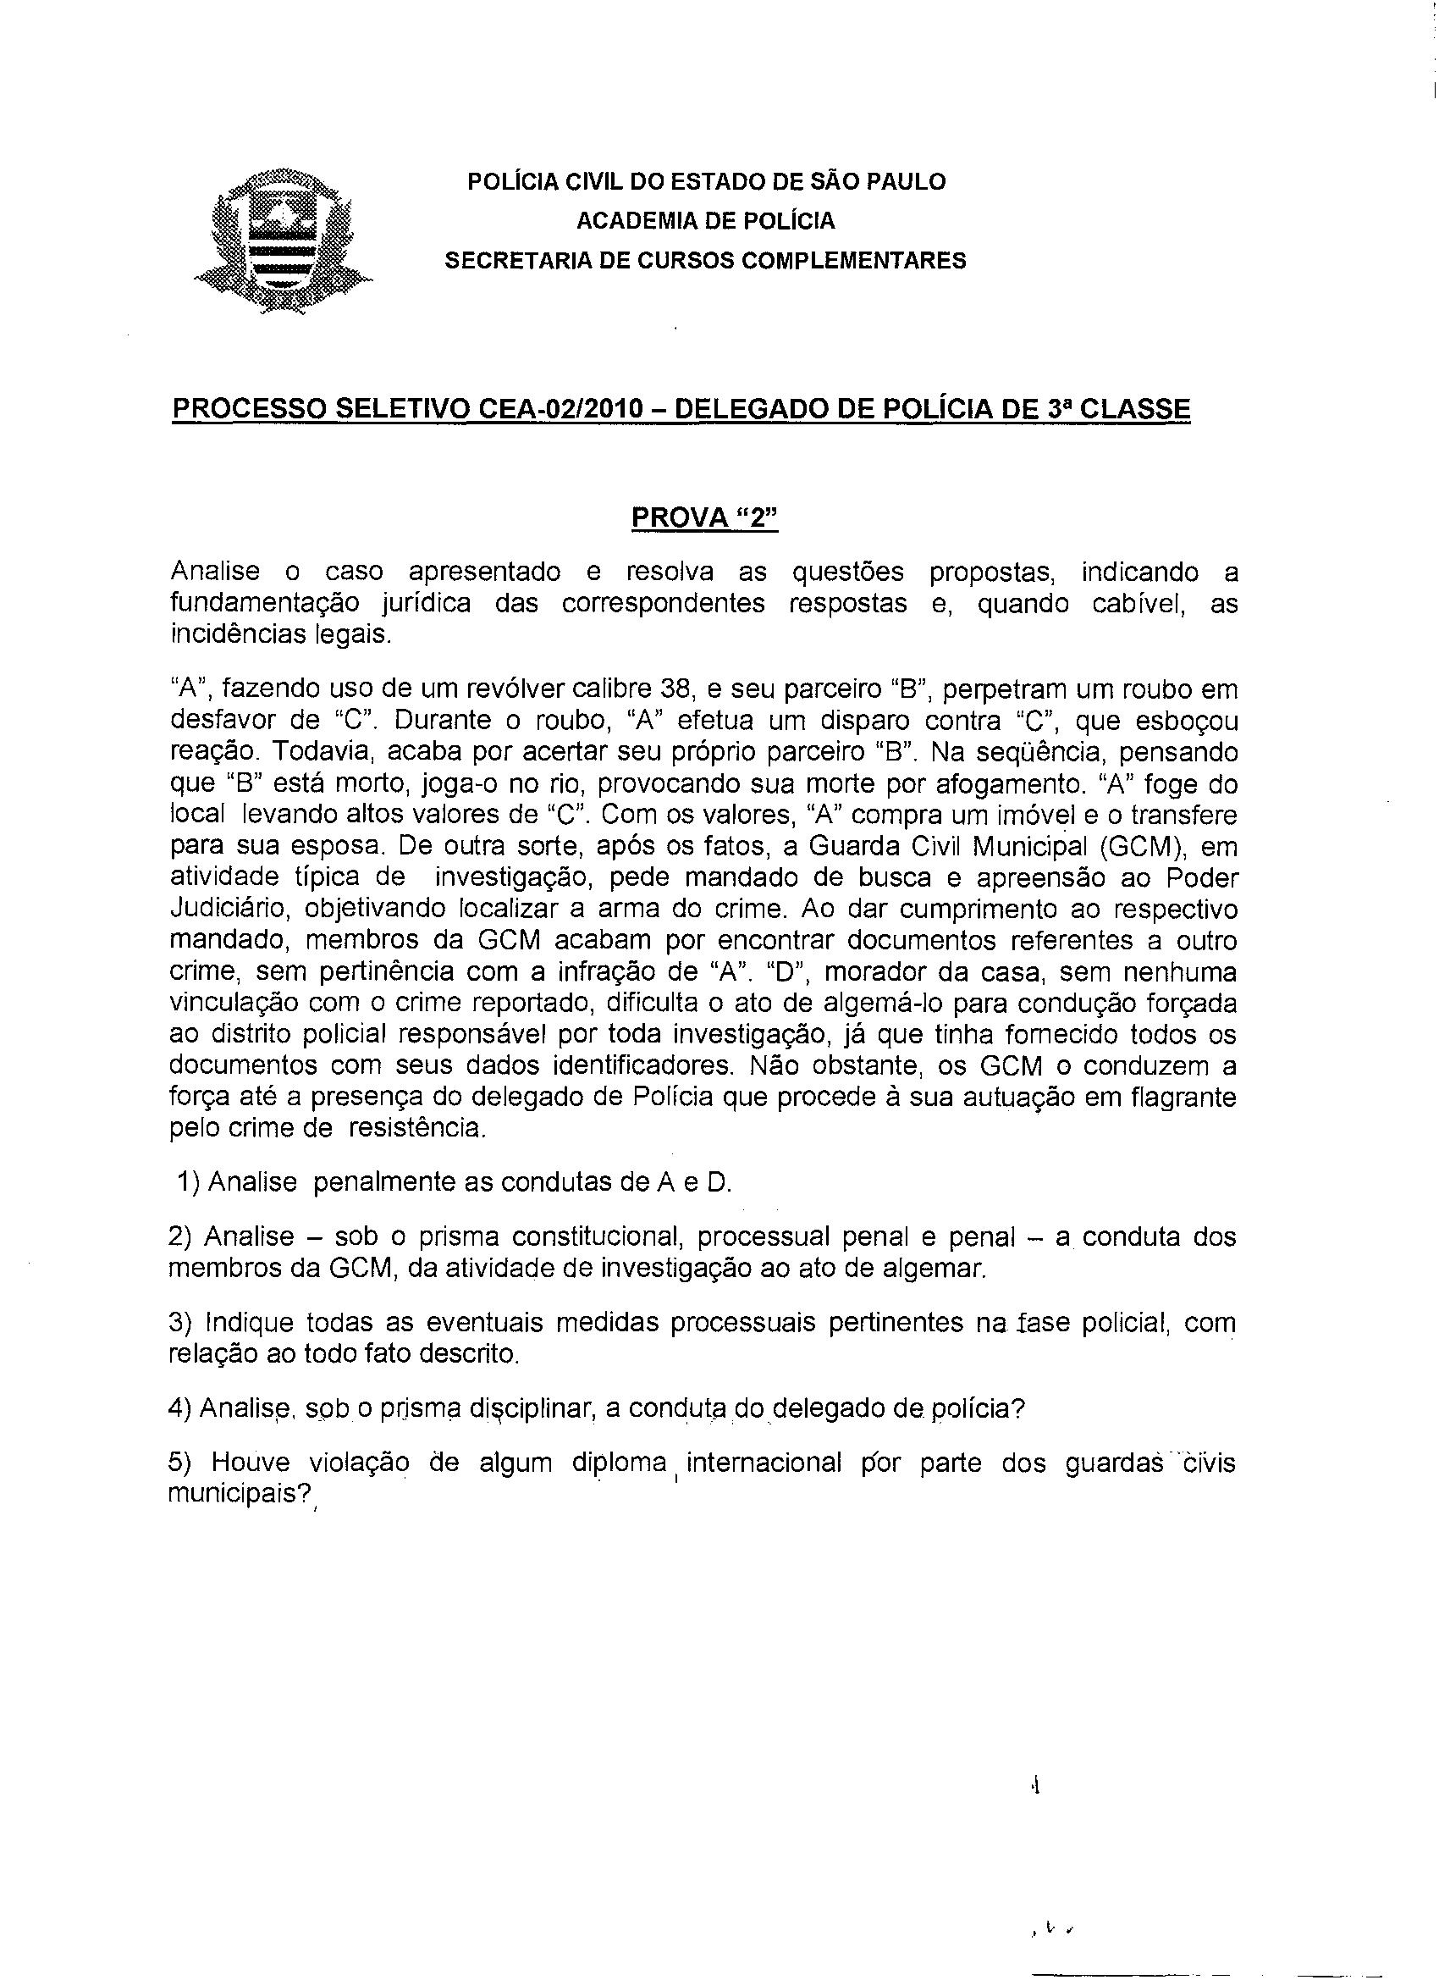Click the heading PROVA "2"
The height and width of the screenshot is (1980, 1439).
tap(703, 517)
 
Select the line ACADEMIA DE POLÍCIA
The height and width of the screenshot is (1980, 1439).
tap(705, 221)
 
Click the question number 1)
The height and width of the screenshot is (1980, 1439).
tap(190, 1182)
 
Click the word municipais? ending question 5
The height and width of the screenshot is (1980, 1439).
tap(241, 1494)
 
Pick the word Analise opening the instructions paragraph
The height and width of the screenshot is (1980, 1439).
tap(215, 572)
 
